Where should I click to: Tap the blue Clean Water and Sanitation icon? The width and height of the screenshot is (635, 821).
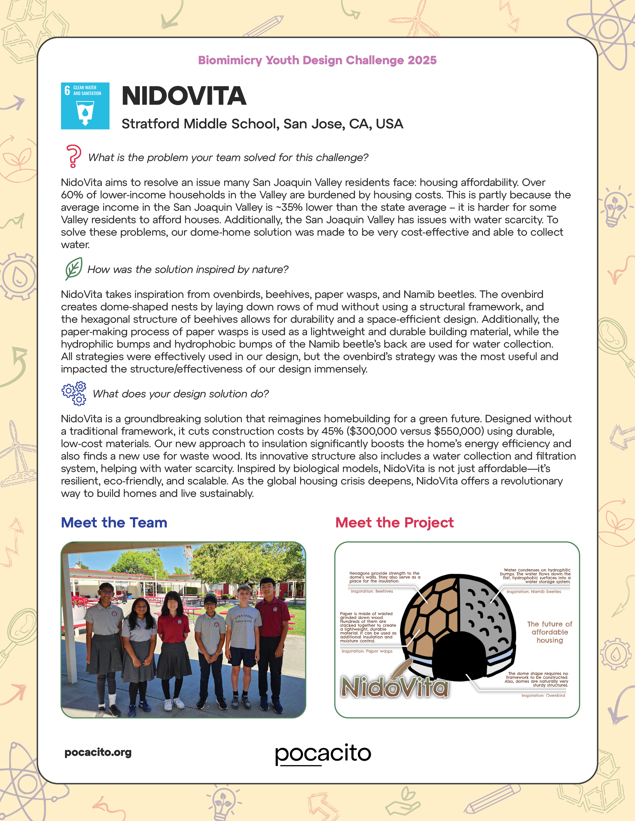pyautogui.click(x=85, y=106)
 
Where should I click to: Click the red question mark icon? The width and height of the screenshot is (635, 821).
pyautogui.click(x=73, y=156)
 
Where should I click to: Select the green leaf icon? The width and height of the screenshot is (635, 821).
pyautogui.click(x=74, y=268)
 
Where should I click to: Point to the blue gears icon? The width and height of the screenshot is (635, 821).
pyautogui.click(x=74, y=393)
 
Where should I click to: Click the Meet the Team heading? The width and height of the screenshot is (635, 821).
pyautogui.click(x=114, y=522)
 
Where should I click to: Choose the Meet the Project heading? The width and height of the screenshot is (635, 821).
pyautogui.click(x=394, y=522)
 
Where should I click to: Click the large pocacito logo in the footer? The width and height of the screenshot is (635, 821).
pyautogui.click(x=323, y=754)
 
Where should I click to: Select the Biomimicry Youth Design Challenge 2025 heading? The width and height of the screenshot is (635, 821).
pyautogui.click(x=317, y=60)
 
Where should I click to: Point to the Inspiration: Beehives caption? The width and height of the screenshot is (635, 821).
pyautogui.click(x=372, y=591)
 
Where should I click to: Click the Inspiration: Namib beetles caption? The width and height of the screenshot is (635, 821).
pyautogui.click(x=533, y=592)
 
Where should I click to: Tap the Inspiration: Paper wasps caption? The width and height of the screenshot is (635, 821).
pyautogui.click(x=367, y=651)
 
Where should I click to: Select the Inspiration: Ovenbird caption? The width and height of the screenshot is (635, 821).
pyautogui.click(x=543, y=695)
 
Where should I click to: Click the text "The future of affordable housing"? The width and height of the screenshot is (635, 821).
pyautogui.click(x=550, y=632)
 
